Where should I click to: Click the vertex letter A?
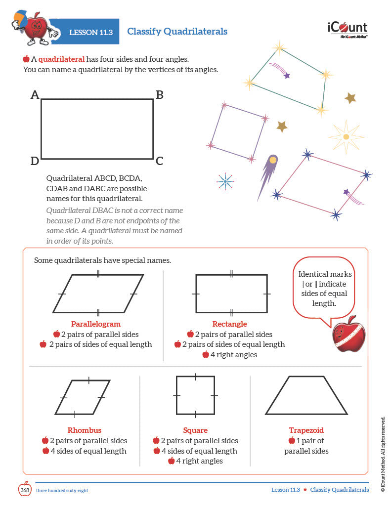click(x=35, y=94)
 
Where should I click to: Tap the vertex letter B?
click(x=160, y=95)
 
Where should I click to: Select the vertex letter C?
click(x=159, y=161)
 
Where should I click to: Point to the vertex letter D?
click(x=35, y=161)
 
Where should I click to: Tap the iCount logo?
click(x=347, y=29)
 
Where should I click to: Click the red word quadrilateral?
click(x=61, y=59)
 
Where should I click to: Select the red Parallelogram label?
click(x=95, y=324)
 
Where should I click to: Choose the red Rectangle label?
click(x=229, y=324)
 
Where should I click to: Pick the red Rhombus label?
click(x=84, y=430)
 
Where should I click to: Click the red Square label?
click(x=195, y=430)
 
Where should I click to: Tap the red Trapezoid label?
click(x=306, y=430)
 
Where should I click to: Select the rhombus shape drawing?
click(x=83, y=397)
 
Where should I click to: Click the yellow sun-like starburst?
click(x=346, y=137)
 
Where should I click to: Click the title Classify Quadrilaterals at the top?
click(x=177, y=32)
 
